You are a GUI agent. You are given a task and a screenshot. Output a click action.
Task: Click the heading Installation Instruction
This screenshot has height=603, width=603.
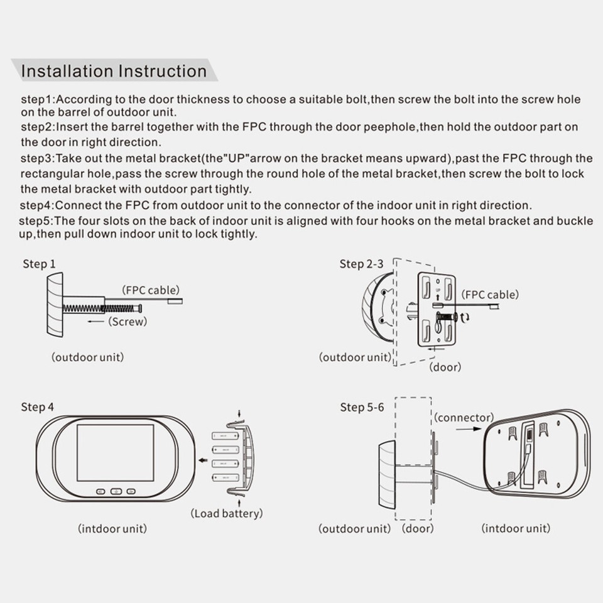click(114, 70)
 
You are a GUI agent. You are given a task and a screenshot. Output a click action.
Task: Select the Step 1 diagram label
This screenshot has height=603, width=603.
click(39, 264)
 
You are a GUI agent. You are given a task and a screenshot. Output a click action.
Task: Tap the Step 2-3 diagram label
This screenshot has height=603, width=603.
click(361, 264)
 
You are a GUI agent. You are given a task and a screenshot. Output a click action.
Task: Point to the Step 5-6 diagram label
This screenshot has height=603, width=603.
click(362, 407)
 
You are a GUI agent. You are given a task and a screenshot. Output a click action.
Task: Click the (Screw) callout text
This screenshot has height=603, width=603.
click(128, 322)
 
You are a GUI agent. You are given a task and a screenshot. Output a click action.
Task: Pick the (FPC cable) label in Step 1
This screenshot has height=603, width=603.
click(151, 290)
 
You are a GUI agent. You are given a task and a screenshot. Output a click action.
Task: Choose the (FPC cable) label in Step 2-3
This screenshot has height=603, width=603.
click(491, 295)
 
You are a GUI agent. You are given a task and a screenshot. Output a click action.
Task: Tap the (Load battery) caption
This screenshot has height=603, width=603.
click(226, 513)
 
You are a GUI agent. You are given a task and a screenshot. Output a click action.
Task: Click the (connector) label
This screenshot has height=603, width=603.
click(464, 417)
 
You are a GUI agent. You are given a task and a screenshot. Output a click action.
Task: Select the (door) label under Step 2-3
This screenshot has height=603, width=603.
click(445, 367)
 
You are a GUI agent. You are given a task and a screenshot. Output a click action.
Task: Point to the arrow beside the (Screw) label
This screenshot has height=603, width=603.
click(96, 322)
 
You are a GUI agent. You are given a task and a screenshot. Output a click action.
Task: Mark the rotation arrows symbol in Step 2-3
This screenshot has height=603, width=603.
click(465, 318)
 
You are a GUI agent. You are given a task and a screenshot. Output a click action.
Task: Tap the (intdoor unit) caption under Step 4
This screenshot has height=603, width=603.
click(112, 528)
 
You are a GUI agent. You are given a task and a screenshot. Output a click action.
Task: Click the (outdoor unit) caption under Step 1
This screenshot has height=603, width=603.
click(87, 357)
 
